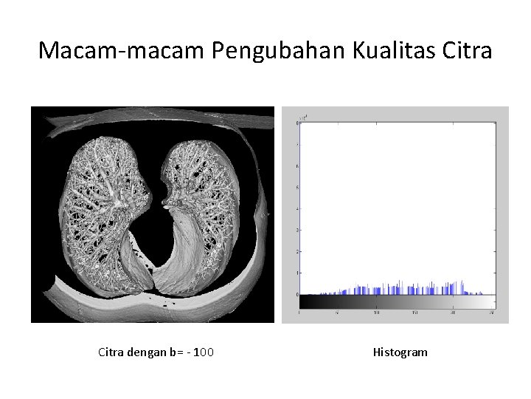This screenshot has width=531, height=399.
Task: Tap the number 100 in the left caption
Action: (x=204, y=352)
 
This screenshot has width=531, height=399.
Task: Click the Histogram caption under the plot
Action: (x=400, y=352)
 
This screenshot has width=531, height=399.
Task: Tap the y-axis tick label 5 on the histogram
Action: (x=297, y=187)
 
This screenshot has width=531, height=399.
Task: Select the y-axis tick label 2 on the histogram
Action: (x=297, y=251)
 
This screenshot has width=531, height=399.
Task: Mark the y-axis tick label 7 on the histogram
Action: (x=297, y=144)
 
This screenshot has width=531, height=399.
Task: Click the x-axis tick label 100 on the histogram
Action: (x=376, y=313)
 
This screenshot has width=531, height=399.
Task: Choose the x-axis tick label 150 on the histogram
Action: (x=415, y=313)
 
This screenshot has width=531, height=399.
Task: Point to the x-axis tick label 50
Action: (x=337, y=313)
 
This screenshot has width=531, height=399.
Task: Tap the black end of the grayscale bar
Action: (x=304, y=301)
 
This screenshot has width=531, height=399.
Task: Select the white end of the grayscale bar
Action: (x=491, y=301)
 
